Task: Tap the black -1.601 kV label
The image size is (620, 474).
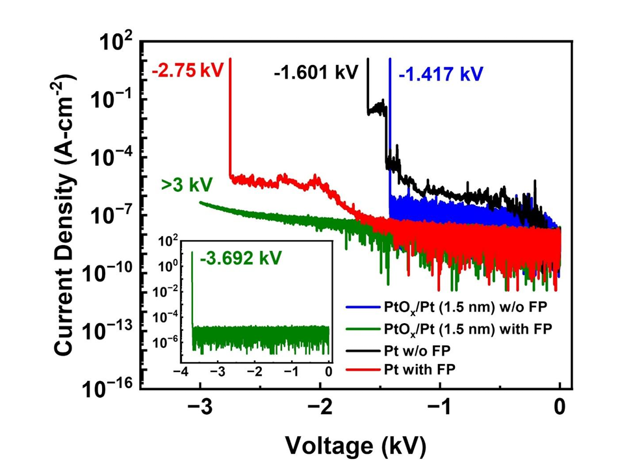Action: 316,72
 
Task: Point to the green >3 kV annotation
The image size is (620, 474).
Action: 187,185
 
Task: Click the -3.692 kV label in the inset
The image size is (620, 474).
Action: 240,258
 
